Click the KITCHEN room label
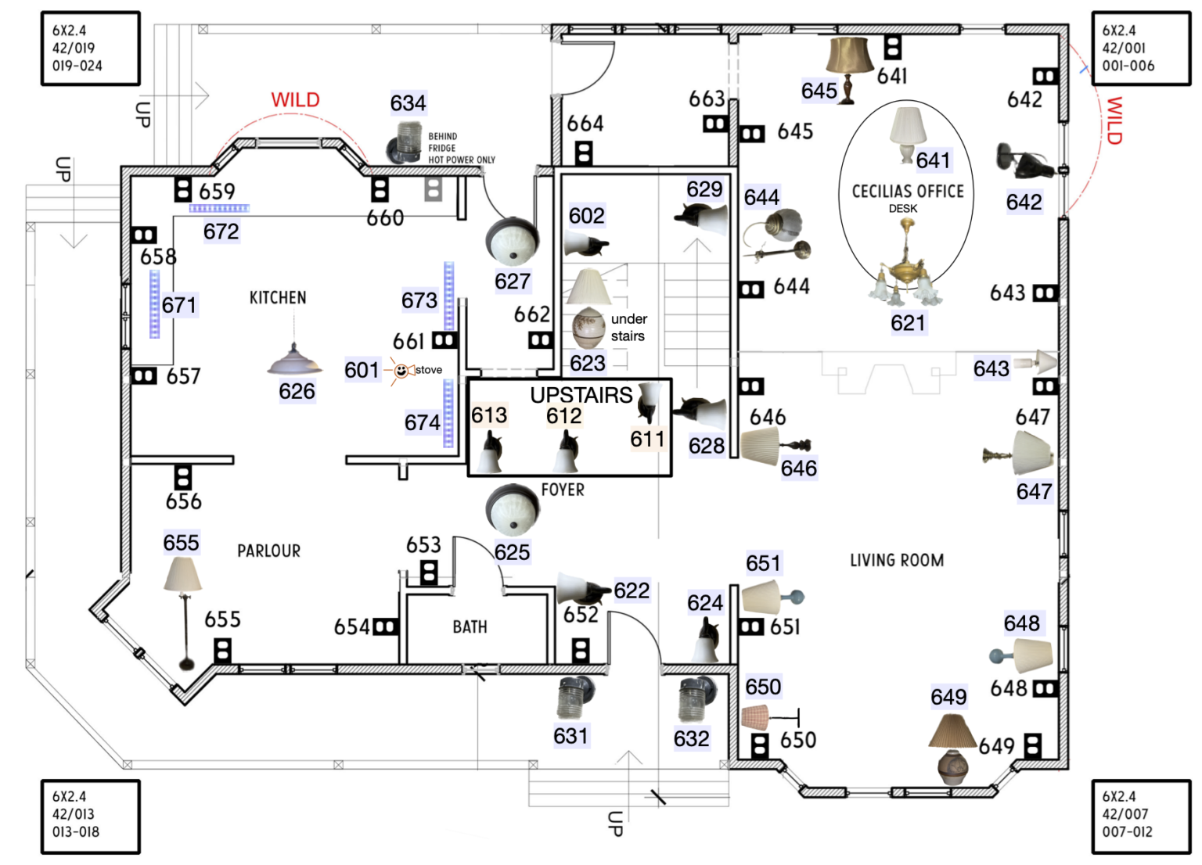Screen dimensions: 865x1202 278,298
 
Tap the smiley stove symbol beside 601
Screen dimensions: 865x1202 401,371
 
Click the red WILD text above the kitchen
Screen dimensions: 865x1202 295,100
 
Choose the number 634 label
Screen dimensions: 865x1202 408,103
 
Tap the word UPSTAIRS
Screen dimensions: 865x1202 581,395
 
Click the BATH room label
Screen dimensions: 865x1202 470,627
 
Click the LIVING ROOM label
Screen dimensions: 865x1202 897,561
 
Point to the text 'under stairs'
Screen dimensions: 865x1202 628,328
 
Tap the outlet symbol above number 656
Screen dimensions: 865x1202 182,476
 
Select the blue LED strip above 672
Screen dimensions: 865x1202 219,209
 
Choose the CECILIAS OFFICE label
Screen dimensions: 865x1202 908,192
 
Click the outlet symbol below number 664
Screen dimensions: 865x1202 584,153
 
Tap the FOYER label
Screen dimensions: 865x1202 563,490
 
